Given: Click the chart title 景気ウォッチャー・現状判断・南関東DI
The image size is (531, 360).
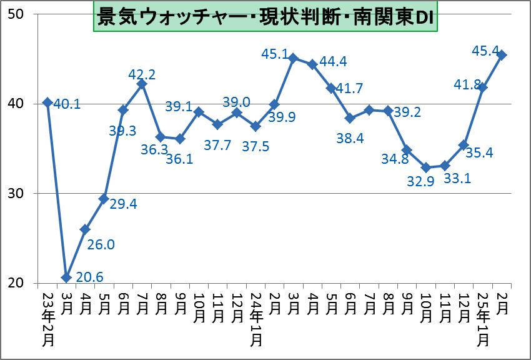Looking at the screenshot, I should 266,18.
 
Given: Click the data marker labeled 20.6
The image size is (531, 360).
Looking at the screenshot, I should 66,277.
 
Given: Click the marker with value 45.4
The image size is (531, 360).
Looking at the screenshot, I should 502,55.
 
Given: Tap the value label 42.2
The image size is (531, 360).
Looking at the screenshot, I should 142,74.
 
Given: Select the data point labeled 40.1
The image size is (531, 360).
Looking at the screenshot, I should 47,102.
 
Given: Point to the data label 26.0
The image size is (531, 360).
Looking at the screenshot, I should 101,244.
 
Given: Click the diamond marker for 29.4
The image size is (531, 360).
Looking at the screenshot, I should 104,198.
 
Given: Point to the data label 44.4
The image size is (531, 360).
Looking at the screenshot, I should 333,62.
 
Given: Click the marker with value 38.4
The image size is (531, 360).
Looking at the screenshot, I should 350,118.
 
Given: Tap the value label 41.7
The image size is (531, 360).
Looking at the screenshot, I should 351,89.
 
